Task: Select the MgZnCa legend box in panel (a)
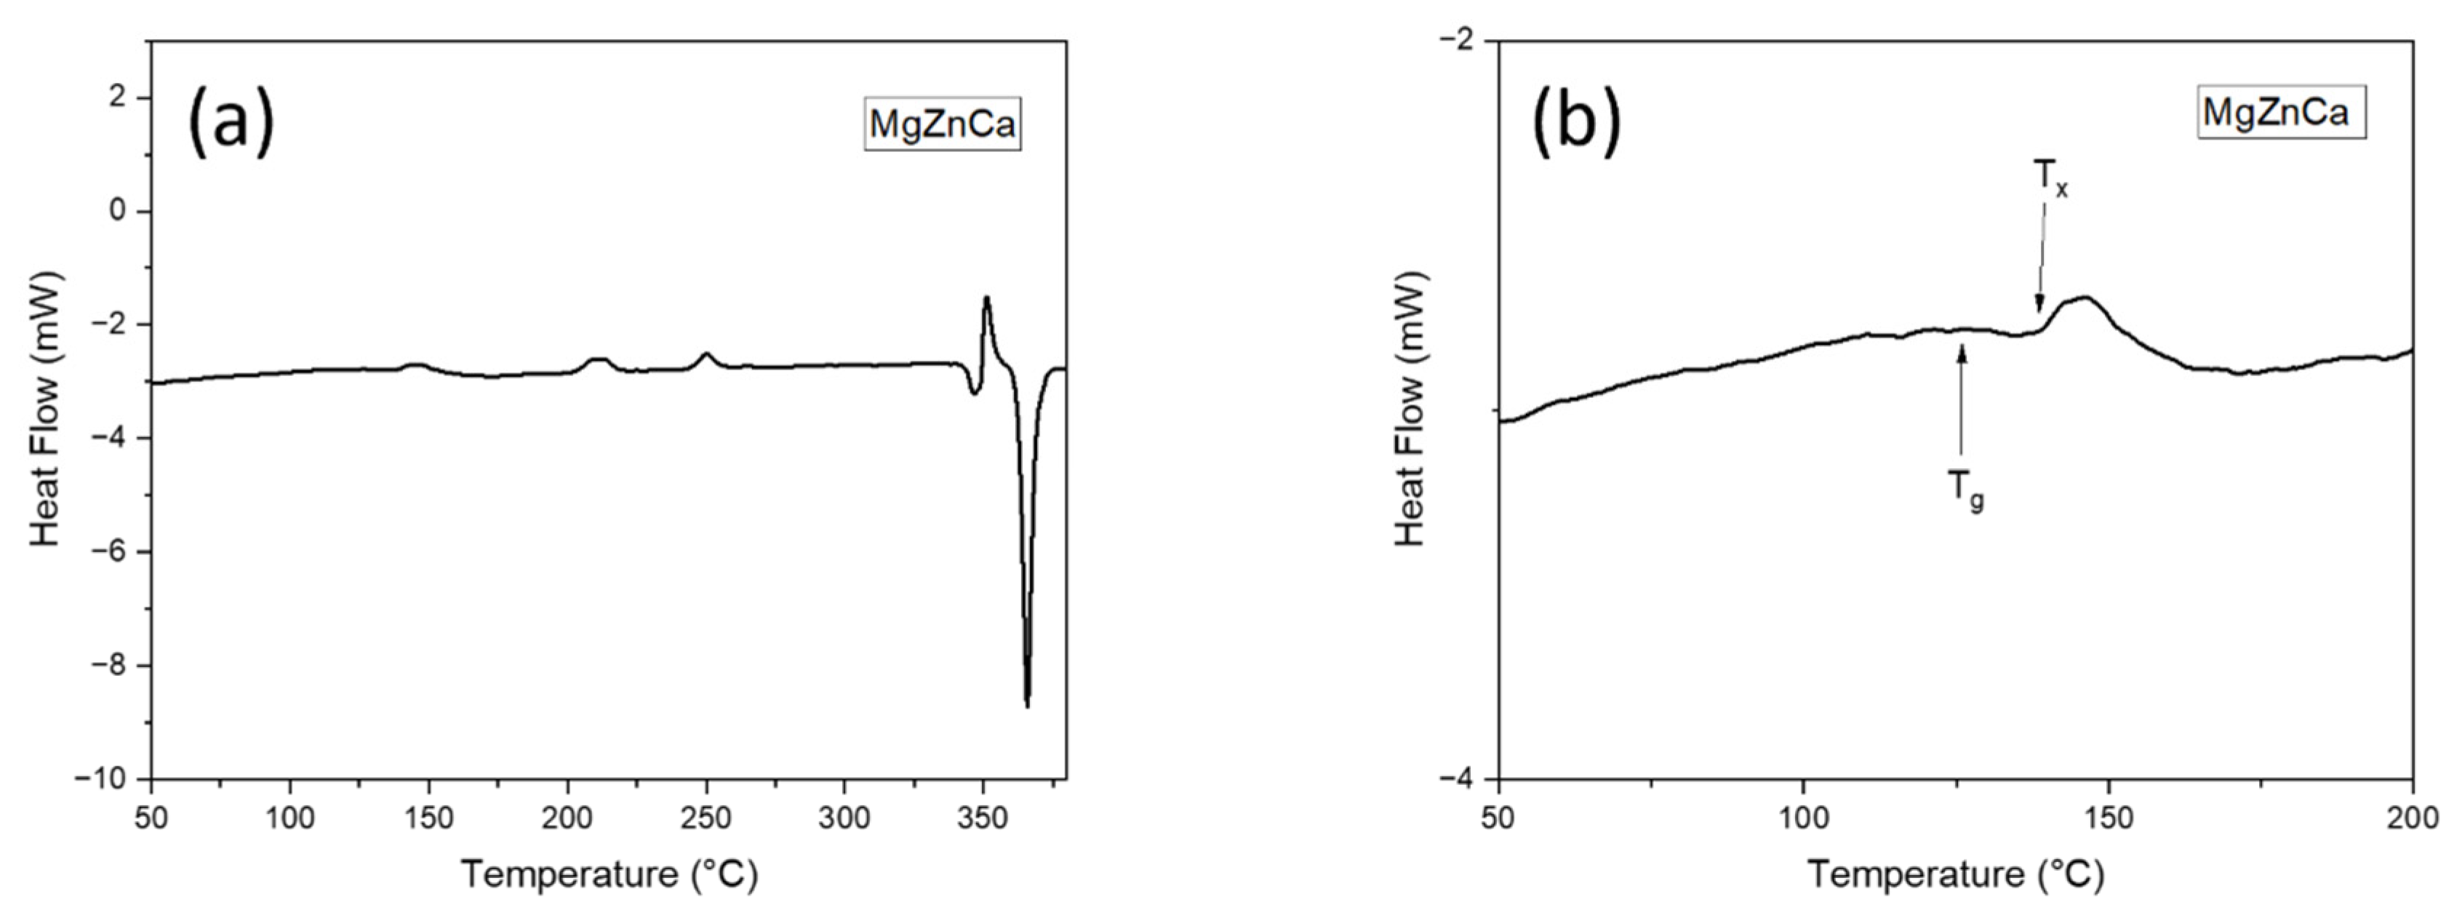pos(943,124)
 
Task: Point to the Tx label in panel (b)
pos(2049,178)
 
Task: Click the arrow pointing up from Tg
pos(1962,402)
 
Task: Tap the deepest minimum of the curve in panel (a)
pos(1028,705)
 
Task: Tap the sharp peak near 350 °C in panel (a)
pos(986,298)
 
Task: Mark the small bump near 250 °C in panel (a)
pos(706,355)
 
